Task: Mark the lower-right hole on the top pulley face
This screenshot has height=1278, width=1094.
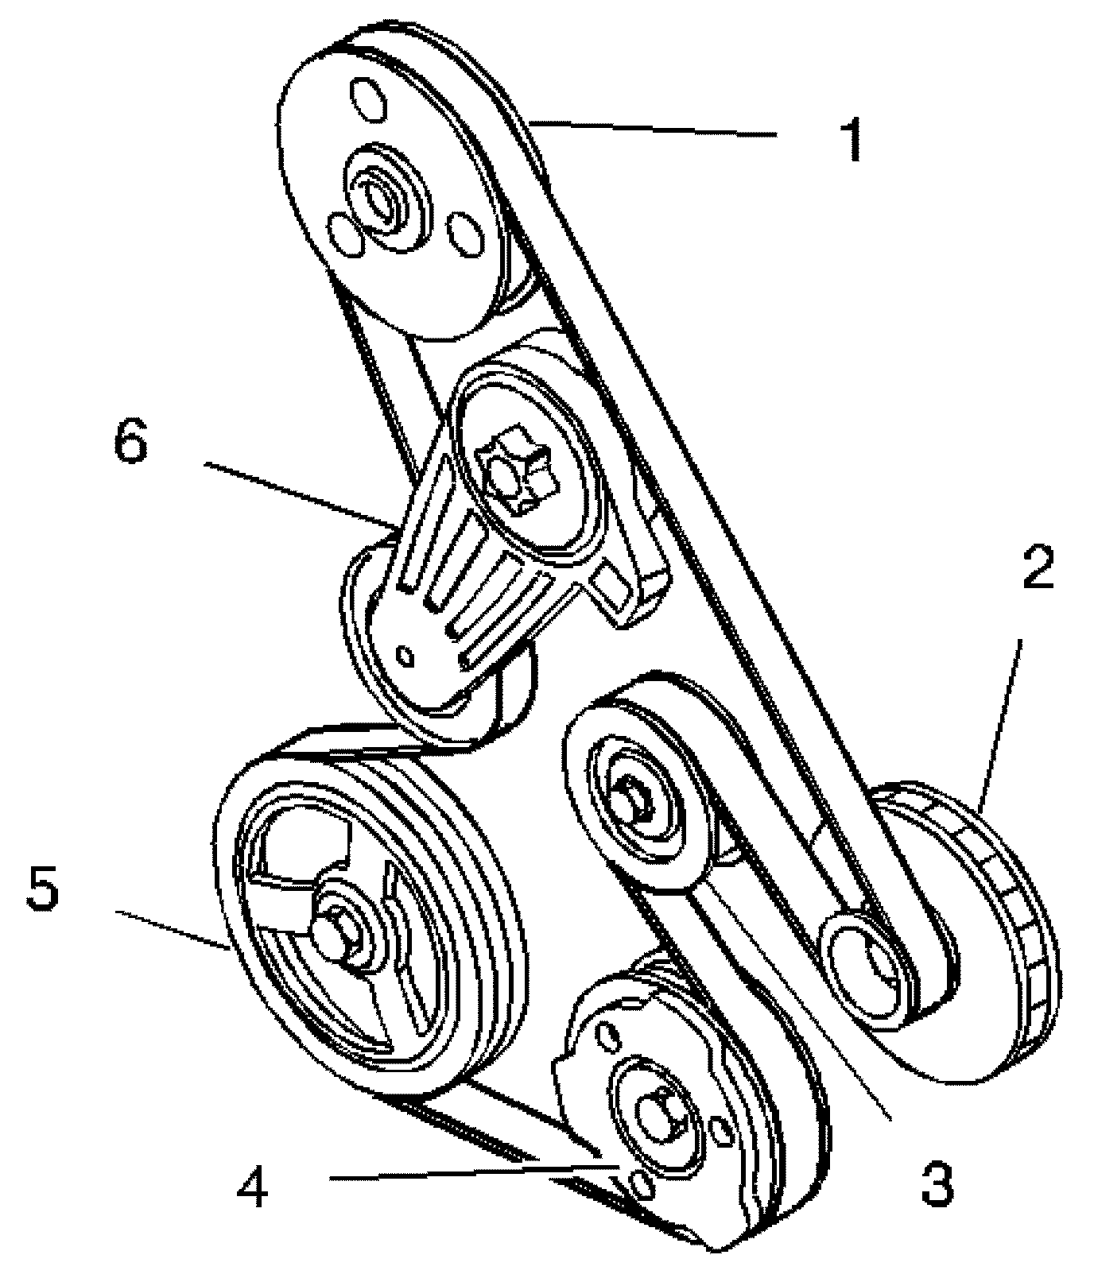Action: click(x=463, y=233)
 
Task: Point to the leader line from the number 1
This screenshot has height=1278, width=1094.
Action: click(x=652, y=130)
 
